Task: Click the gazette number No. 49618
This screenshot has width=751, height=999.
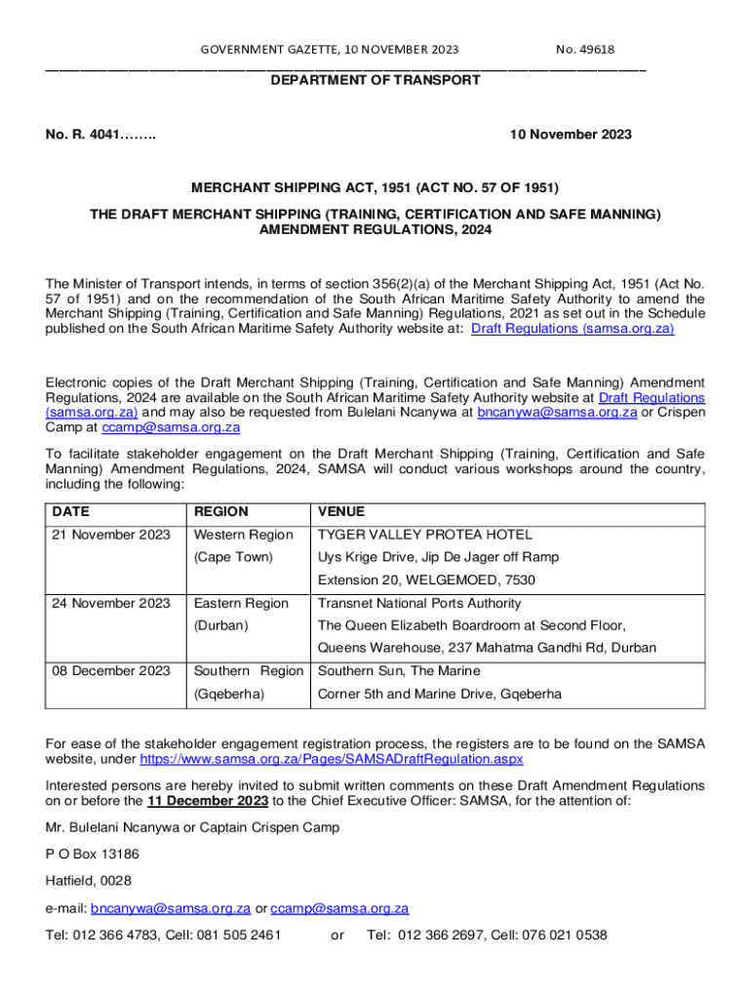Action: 585,50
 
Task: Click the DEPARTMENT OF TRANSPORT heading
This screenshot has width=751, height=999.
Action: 375,80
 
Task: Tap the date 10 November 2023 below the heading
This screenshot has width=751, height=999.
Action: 571,135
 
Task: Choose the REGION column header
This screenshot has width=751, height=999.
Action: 221,512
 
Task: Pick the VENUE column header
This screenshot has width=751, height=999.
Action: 341,512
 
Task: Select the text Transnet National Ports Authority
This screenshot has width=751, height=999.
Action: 419,604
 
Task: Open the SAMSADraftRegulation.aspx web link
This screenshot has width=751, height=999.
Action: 332,759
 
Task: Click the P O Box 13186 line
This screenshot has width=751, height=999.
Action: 92,854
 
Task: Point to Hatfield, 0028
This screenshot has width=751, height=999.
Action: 88,881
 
